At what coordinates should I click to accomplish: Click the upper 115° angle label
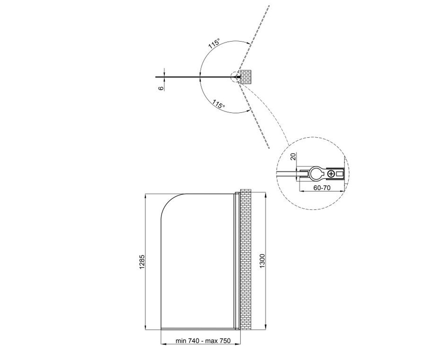[214, 44]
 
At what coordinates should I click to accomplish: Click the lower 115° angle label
[219, 104]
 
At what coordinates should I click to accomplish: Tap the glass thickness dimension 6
[161, 88]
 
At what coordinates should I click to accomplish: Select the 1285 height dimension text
[142, 262]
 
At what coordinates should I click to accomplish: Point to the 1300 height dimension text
[262, 261]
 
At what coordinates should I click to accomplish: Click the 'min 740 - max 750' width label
[203, 341]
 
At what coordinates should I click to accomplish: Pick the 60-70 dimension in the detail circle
[322, 188]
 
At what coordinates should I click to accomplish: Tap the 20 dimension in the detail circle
[293, 156]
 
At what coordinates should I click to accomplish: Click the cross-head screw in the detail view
[331, 174]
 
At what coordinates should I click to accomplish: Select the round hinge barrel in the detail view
[316, 173]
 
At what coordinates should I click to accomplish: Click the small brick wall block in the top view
[246, 77]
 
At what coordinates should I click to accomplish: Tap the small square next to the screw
[339, 174]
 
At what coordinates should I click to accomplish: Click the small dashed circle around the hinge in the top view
[236, 77]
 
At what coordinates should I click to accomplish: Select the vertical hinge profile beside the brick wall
[237, 261]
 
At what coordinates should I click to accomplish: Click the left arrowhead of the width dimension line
[163, 344]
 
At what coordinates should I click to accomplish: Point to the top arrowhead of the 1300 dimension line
[265, 195]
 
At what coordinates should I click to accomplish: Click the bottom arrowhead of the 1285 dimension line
[145, 327]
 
